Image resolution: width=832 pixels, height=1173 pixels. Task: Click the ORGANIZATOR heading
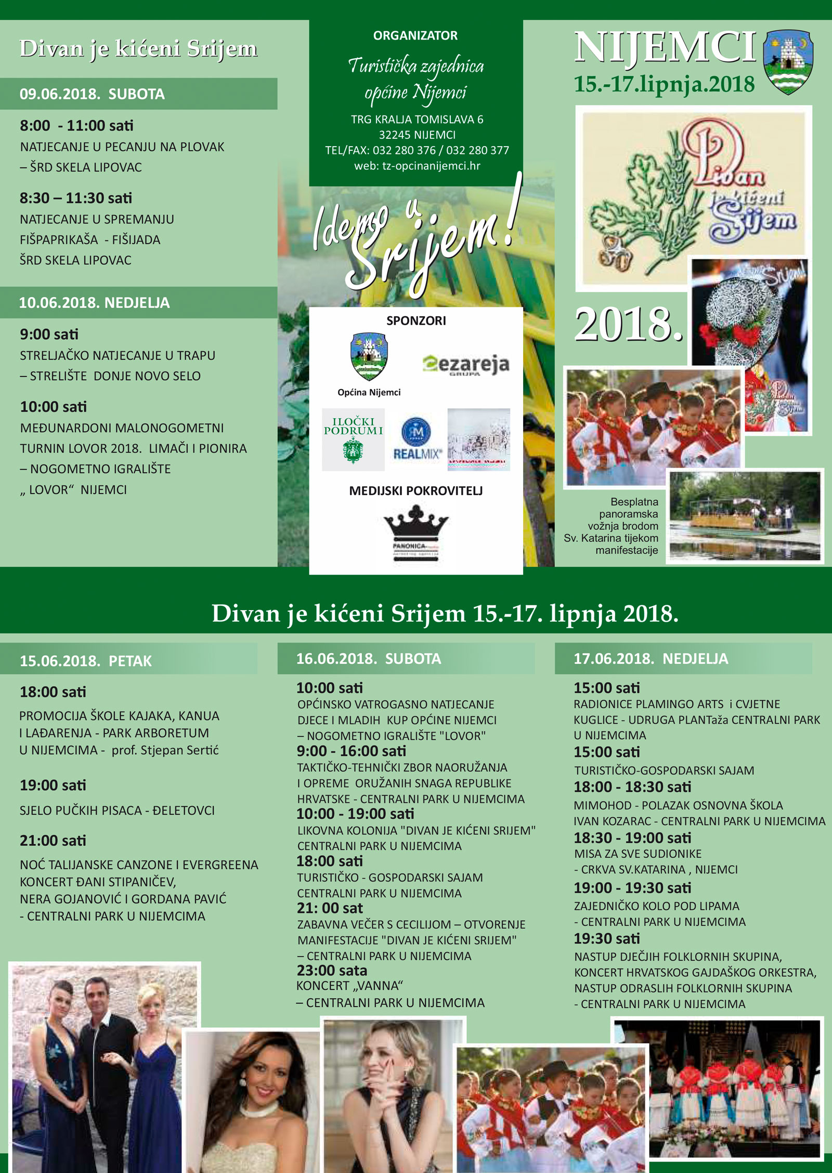[x=415, y=36]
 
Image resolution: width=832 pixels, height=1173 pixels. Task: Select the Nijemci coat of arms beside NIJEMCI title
[x=788, y=61]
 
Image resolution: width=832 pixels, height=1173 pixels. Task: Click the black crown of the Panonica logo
[x=416, y=523]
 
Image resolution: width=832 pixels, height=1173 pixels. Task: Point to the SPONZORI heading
[x=416, y=320]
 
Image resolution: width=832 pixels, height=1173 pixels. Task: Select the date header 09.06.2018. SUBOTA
[x=92, y=94]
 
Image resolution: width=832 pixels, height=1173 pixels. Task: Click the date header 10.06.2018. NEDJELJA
[x=94, y=303]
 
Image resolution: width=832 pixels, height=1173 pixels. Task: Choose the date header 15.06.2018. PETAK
[x=86, y=661]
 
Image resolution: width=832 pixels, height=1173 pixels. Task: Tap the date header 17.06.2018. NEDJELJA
[x=651, y=659]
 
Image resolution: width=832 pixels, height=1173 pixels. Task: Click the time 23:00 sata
[x=332, y=971]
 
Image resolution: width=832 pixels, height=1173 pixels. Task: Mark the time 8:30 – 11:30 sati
[x=76, y=198]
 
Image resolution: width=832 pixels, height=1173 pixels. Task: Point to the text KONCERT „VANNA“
[x=349, y=986]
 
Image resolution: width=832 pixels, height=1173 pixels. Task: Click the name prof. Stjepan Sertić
[x=165, y=750]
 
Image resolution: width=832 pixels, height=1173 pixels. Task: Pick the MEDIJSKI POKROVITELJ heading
[x=416, y=491]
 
